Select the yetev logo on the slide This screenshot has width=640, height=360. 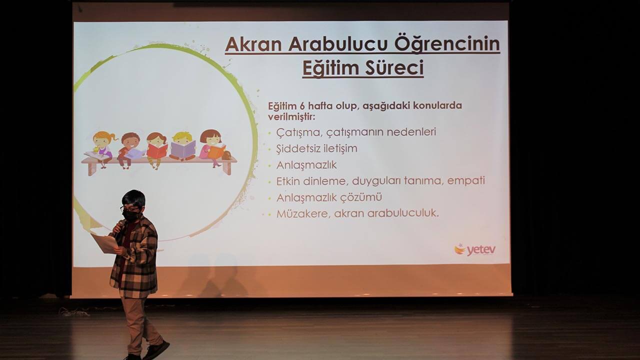click(x=475, y=249)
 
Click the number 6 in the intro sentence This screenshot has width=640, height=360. click(x=302, y=106)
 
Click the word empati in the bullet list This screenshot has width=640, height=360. click(x=466, y=181)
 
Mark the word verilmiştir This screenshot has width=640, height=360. click(x=291, y=117)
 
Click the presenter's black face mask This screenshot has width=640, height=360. click(x=131, y=215)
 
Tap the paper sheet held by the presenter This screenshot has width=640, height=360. click(x=104, y=243)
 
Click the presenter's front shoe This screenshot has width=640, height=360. click(x=156, y=350)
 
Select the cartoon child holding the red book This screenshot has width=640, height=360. click(x=156, y=149)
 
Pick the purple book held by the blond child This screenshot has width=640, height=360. click(x=183, y=149)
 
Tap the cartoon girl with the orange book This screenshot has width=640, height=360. click(x=212, y=147)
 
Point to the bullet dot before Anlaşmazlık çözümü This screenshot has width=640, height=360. click(x=270, y=198)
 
